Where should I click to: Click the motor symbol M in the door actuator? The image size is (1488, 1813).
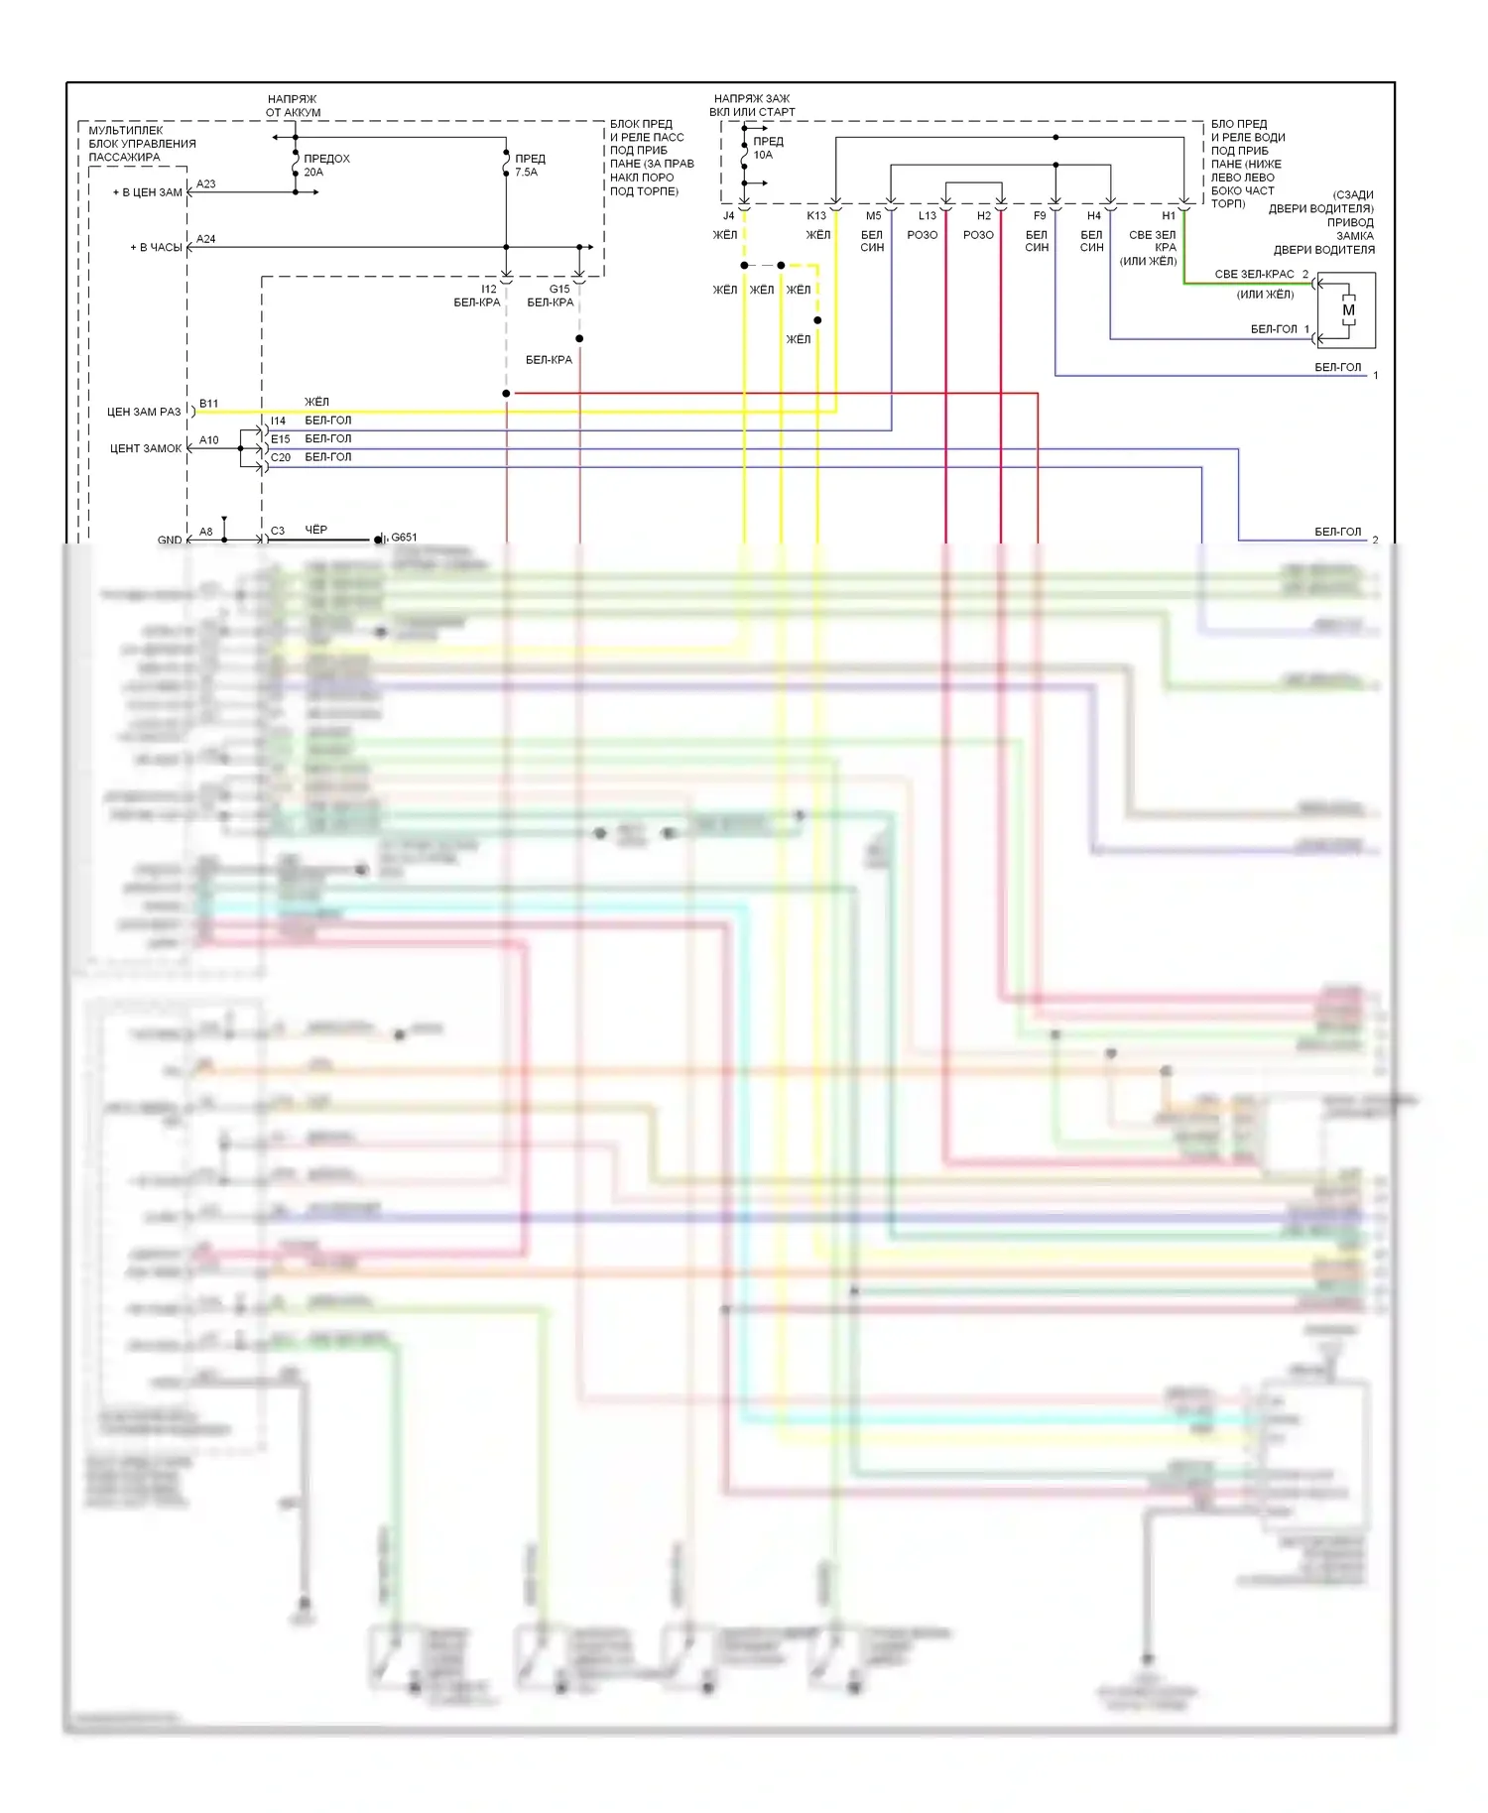(x=1348, y=310)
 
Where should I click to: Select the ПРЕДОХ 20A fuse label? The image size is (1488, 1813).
(x=326, y=165)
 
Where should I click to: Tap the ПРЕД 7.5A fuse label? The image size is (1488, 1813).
(x=530, y=165)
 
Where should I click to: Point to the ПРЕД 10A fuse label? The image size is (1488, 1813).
(x=767, y=148)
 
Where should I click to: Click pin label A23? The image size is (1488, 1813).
(x=206, y=184)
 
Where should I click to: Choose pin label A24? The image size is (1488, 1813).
(x=206, y=239)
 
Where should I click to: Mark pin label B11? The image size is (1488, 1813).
(x=208, y=404)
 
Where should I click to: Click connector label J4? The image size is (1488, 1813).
(x=728, y=215)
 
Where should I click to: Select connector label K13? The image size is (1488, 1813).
(x=816, y=215)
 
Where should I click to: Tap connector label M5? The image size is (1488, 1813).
(x=873, y=215)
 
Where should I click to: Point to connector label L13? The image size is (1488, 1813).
(x=928, y=215)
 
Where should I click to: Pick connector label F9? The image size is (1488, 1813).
(x=1040, y=215)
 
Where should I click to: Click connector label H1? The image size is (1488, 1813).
(x=1169, y=215)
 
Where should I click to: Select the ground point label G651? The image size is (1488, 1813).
(x=404, y=538)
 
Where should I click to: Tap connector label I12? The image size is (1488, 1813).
(x=488, y=290)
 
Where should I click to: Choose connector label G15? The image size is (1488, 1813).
(x=559, y=290)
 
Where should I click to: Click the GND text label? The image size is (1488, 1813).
(x=170, y=541)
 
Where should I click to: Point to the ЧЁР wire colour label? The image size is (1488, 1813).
(x=315, y=531)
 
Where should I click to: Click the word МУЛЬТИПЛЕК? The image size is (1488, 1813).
(x=126, y=130)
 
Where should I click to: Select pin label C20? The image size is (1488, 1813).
(x=281, y=457)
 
